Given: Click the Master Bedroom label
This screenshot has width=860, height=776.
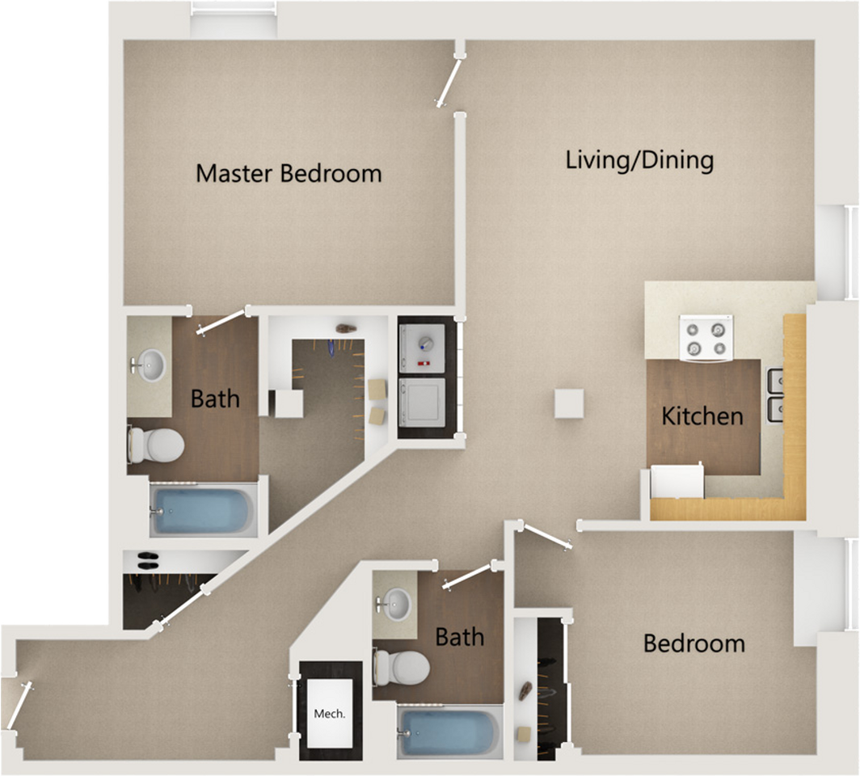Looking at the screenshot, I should [x=289, y=173].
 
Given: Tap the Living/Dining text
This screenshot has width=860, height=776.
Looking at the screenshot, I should [x=639, y=159].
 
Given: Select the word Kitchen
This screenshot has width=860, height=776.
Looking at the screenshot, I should [x=702, y=416].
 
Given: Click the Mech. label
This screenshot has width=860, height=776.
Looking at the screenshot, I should [x=330, y=714].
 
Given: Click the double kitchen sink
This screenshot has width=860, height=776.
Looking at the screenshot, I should [x=774, y=395].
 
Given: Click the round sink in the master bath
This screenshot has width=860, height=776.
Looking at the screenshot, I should [x=149, y=365].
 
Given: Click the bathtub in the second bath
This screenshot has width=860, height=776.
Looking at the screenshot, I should [x=449, y=732].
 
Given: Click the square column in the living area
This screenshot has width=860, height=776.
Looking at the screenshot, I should [x=569, y=403].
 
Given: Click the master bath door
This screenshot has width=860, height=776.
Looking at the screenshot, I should [x=221, y=322].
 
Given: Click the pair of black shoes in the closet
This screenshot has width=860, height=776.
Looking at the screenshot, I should [x=147, y=560].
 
